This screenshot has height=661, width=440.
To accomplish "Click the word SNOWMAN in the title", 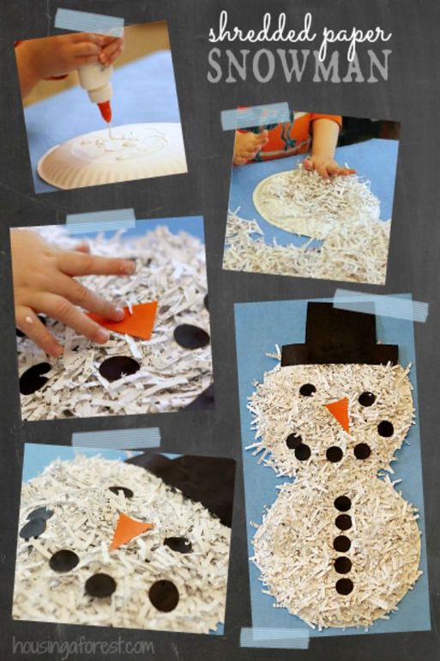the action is [x=298, y=67].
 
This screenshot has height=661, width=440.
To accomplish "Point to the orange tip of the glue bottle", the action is [x=105, y=112].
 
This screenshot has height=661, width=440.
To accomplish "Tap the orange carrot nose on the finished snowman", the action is [x=340, y=413].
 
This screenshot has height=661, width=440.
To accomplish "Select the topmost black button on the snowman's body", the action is [x=343, y=503].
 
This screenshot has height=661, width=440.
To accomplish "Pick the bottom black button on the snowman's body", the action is [x=345, y=586].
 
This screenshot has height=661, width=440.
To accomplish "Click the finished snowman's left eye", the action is [x=308, y=390].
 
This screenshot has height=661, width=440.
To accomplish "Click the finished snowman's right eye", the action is [x=367, y=398].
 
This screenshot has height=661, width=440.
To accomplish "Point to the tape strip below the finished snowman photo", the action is [x=274, y=638].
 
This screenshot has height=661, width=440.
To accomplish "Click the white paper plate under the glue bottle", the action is [x=112, y=155].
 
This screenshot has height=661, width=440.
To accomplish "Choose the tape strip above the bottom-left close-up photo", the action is [x=116, y=440].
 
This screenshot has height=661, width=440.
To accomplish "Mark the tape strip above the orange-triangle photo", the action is [x=100, y=221].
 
